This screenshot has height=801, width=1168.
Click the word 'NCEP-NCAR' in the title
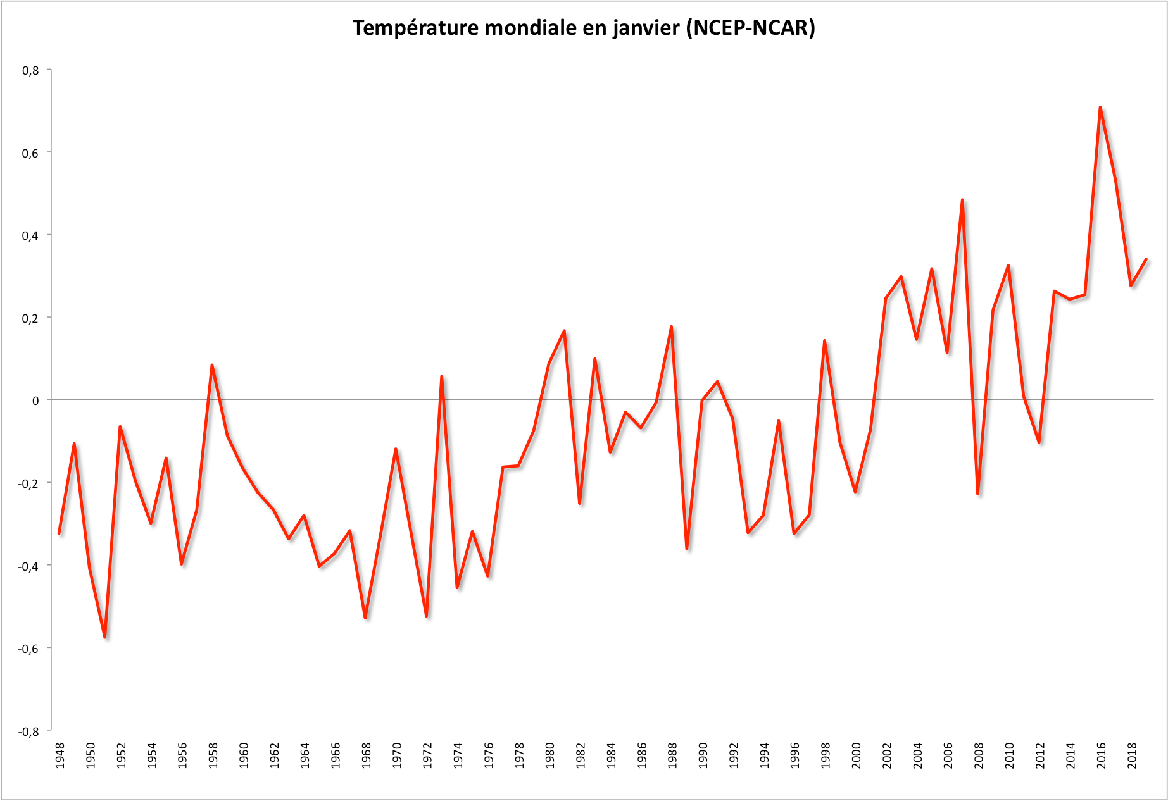coord(750,28)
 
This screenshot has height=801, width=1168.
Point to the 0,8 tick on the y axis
coord(30,71)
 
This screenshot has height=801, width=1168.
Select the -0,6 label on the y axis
coord(28,649)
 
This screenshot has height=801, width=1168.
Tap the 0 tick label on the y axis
coord(35,400)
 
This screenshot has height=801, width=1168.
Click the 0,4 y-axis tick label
coord(30,236)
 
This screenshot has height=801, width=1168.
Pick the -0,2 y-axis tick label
coord(28,483)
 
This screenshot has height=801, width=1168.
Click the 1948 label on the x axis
coord(60,755)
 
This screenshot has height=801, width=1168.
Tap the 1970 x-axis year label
coord(397,755)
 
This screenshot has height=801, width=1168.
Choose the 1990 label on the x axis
coord(703,755)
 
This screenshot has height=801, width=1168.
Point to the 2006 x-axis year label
coord(948,755)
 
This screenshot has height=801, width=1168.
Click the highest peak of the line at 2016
coord(1100,108)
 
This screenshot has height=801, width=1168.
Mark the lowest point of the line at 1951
coord(105,636)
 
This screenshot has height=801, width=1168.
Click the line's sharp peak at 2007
coord(962,200)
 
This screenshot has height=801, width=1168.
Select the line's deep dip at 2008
coord(978,494)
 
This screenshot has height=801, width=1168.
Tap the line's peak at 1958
coord(212,365)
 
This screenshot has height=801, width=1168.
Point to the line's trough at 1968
coord(365,617)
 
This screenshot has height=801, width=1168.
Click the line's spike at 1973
coord(441,376)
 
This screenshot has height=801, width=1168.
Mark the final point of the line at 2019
coord(1146,259)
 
